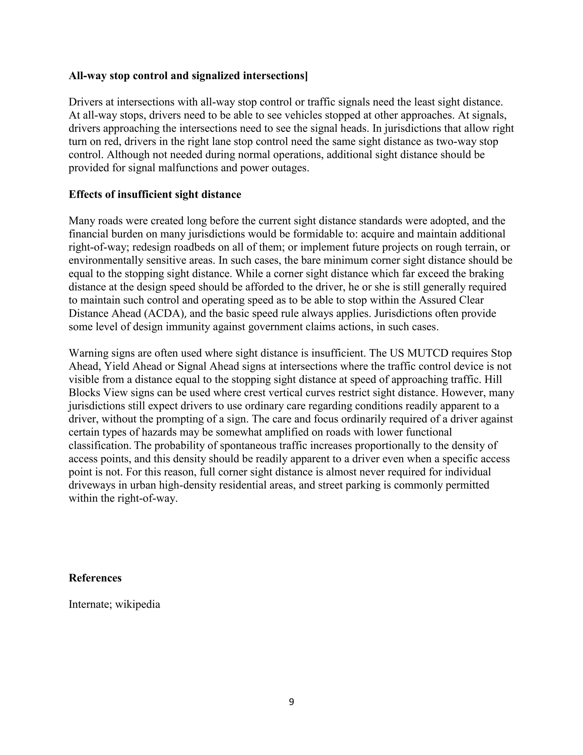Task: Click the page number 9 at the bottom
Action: point(291,702)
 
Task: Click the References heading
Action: point(95,578)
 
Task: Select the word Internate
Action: point(89,604)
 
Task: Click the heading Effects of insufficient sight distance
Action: point(155,194)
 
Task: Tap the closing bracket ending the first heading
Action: point(306,76)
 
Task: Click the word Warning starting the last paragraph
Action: point(89,353)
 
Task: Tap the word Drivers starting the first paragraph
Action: point(86,102)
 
